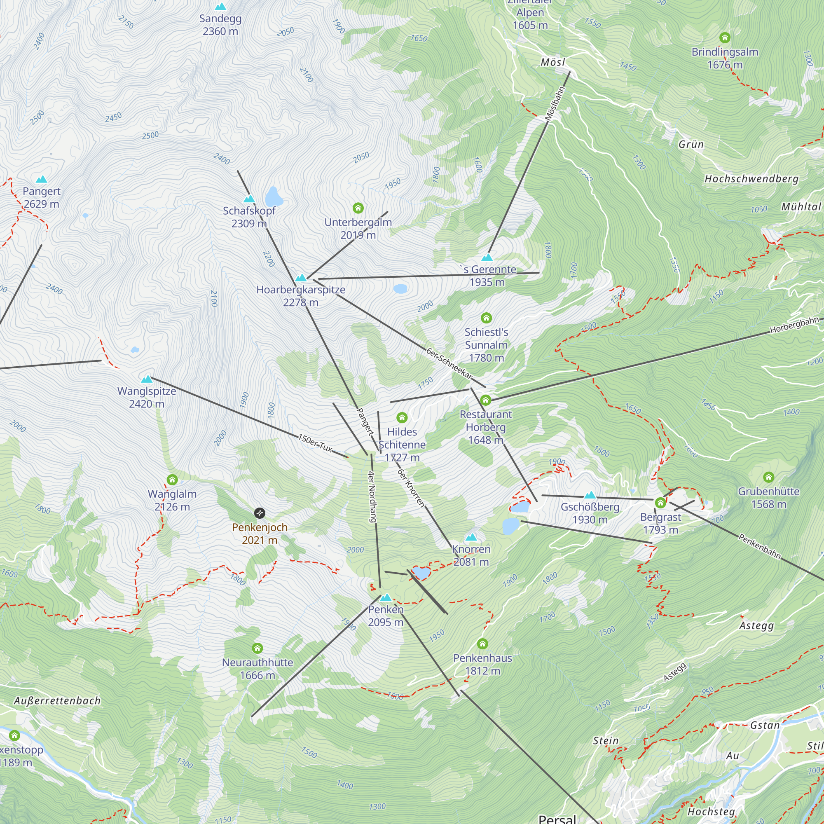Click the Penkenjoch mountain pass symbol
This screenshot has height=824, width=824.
tap(259, 513)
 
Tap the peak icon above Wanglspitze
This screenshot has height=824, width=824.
tap(147, 379)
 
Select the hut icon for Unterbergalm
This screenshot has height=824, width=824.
tap(358, 208)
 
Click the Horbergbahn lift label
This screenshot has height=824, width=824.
tap(794, 325)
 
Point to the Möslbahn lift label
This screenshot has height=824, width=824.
tap(555, 104)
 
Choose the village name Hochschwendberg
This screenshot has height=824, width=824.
tap(751, 179)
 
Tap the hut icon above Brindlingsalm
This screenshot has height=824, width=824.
tap(725, 38)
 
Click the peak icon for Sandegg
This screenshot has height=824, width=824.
tap(220, 7)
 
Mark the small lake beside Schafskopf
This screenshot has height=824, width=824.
tap(274, 197)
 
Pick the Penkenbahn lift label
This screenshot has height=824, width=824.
tap(760, 546)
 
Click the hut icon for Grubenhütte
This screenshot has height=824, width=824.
tap(768, 477)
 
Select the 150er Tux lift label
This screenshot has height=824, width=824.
tap(315, 443)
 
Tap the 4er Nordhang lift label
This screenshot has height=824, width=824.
tap(372, 497)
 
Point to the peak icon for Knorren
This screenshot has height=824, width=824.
tap(471, 537)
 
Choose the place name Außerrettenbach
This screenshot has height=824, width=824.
tap(57, 701)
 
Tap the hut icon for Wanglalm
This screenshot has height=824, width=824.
tap(172, 480)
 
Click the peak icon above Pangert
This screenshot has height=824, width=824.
tap(41, 179)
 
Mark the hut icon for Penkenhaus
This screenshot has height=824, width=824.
tap(482, 644)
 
